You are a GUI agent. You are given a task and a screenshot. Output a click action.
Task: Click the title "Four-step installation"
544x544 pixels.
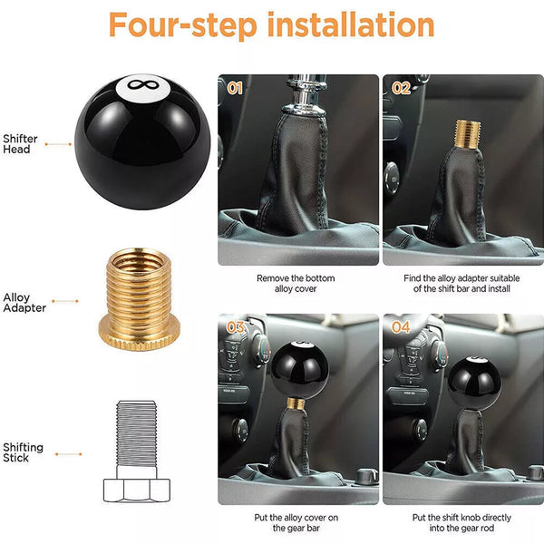point(271,25)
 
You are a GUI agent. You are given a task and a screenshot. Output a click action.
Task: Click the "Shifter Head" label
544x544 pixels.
point(20,144)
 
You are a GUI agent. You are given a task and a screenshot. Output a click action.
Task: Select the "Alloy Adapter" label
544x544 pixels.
point(24,303)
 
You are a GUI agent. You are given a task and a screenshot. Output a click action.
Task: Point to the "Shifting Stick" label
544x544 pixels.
point(23,452)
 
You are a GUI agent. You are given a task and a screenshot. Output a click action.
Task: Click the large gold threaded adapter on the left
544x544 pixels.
point(139,299)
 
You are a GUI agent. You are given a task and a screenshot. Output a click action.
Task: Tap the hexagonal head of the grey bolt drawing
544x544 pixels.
point(137,490)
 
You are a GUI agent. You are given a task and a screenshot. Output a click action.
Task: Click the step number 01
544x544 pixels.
point(235,88)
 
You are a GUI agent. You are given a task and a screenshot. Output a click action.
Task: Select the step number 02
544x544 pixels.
point(401,88)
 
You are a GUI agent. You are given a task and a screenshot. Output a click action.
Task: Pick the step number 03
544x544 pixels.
point(235,327)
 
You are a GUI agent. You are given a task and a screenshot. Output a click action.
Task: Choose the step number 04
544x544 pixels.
point(401,327)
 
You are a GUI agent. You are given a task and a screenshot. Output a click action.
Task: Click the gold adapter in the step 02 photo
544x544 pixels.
point(468,134)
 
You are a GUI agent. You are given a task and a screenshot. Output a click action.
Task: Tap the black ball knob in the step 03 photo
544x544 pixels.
point(299,370)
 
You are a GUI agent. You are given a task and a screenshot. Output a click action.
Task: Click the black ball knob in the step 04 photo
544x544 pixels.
point(474,384)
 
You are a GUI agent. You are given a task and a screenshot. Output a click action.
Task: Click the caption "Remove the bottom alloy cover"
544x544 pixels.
point(296,284)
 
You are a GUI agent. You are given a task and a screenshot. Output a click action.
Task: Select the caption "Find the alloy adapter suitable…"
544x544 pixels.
point(461,284)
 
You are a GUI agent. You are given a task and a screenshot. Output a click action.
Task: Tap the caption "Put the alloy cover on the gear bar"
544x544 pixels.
point(296,523)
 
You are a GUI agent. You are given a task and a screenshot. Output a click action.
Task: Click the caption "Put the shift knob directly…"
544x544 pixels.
point(461,523)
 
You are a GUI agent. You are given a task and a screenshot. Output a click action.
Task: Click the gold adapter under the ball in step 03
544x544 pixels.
point(296,403)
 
